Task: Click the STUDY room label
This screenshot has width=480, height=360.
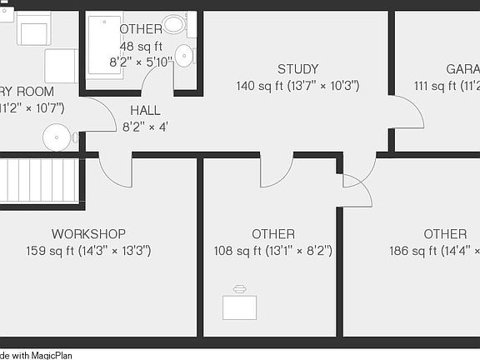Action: (x=297, y=69)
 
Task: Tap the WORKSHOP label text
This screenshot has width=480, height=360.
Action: (x=88, y=234)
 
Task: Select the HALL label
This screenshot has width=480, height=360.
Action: (x=145, y=111)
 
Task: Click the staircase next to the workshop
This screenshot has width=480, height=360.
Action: (x=41, y=179)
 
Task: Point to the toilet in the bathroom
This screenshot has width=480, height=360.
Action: (x=174, y=24)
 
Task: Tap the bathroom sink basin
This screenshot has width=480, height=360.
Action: (x=184, y=56)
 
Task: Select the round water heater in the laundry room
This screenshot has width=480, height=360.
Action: (x=57, y=137)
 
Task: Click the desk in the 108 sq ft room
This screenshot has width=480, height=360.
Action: (x=240, y=305)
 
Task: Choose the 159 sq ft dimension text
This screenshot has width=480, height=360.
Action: (x=88, y=251)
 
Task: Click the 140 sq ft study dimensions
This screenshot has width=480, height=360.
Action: (x=297, y=86)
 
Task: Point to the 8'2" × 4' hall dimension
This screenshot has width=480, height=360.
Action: (x=145, y=127)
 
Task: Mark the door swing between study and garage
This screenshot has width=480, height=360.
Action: (x=406, y=113)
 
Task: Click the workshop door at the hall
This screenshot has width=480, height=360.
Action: (x=115, y=170)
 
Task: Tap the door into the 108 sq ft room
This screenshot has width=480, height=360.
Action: (x=276, y=170)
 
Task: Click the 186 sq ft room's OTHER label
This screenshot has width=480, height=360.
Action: (x=444, y=234)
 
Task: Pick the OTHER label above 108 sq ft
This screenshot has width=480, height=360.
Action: (x=273, y=234)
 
